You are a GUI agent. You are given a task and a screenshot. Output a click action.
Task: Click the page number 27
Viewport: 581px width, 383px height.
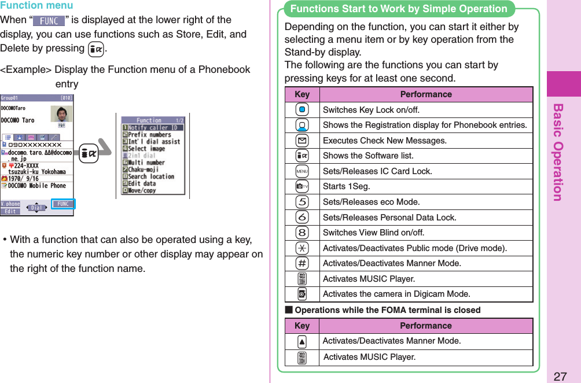coord(559,376)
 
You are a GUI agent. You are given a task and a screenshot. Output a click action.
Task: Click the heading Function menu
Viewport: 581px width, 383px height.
coord(36,6)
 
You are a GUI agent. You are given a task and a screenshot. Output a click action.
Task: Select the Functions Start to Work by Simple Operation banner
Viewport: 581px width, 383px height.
coord(399,9)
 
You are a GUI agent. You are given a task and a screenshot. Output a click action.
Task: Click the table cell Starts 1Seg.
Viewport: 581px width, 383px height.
coord(346,186)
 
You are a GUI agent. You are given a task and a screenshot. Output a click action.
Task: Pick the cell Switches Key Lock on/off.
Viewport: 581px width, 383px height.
coord(371,110)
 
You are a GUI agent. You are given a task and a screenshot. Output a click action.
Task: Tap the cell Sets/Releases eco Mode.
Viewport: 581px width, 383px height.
coord(371,202)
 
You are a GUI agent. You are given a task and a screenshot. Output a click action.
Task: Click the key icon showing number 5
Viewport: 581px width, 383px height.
coord(301,202)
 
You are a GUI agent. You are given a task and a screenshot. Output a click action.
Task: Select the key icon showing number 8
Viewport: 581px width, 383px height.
coord(301,233)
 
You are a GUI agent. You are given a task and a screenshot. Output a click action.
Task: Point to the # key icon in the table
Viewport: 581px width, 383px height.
coord(301,263)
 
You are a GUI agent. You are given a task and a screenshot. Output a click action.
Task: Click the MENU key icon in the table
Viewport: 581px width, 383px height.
coord(301,171)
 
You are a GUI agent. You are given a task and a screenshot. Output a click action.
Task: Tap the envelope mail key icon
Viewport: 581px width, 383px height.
coord(301,141)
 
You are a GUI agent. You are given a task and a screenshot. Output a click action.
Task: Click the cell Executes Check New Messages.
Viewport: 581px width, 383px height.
coord(384,141)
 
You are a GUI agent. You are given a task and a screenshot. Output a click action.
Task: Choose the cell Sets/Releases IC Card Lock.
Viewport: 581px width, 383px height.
coord(377,171)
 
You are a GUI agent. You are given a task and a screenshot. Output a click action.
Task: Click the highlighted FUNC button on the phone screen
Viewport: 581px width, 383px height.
coord(63,204)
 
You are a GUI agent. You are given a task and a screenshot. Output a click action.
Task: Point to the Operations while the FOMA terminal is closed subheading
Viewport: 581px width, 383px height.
coord(387,310)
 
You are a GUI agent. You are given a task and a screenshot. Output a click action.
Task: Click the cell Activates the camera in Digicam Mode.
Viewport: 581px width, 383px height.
coord(396,294)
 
